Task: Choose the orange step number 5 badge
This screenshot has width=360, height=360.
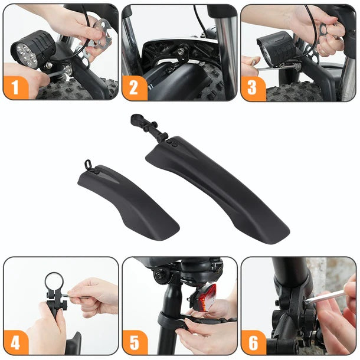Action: (135, 342)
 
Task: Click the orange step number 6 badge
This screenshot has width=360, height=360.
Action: (253, 342)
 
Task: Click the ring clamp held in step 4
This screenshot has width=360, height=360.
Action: (54, 282)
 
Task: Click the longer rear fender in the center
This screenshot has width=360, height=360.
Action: (218, 183)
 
